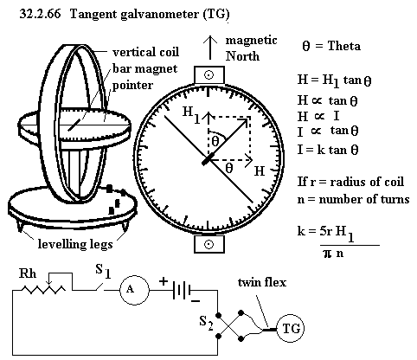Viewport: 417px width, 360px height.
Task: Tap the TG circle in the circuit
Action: [x=291, y=329]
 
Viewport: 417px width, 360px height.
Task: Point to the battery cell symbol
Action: [x=181, y=290]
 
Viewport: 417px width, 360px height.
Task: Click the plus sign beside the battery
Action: [x=164, y=280]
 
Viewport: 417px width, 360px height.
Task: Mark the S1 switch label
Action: [x=103, y=271]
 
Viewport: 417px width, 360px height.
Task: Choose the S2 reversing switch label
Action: [x=207, y=323]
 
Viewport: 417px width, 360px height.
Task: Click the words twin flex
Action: [x=262, y=282]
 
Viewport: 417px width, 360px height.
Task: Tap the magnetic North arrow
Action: [x=210, y=48]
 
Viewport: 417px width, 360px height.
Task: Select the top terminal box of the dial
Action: [x=209, y=75]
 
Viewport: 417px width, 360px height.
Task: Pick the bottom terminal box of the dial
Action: [x=209, y=244]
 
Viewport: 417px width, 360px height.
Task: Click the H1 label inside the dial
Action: [x=191, y=114]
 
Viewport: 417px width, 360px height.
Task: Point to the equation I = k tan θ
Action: [x=328, y=150]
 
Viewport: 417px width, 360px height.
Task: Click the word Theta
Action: [x=344, y=46]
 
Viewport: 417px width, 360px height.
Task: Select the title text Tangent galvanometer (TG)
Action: [x=150, y=14]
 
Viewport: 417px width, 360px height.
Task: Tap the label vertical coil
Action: [x=145, y=52]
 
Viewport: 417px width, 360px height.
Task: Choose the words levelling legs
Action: [x=75, y=244]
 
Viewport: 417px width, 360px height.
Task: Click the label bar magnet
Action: [x=145, y=69]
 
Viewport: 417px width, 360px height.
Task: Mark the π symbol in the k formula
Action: [x=327, y=254]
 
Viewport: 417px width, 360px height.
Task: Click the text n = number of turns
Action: [x=353, y=199]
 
